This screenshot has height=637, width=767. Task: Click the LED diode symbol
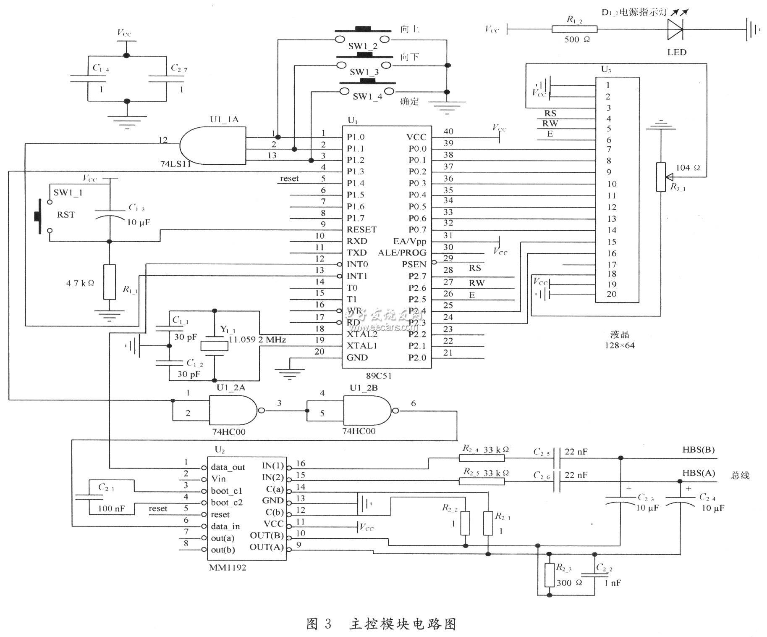675,29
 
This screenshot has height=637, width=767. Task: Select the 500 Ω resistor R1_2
574,29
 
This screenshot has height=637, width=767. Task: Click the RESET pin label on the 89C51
361,229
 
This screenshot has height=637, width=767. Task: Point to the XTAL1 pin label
361,345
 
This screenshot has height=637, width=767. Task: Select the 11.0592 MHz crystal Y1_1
215,346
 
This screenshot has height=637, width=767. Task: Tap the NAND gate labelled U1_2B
366,411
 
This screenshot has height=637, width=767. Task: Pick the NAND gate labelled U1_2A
232,410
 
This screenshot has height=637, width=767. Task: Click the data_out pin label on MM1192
228,467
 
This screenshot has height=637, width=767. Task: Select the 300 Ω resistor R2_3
550,575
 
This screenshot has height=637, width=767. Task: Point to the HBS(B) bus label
698,450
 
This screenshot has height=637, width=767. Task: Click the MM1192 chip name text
228,567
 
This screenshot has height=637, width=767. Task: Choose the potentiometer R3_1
661,177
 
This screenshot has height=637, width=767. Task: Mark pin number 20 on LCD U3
611,294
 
